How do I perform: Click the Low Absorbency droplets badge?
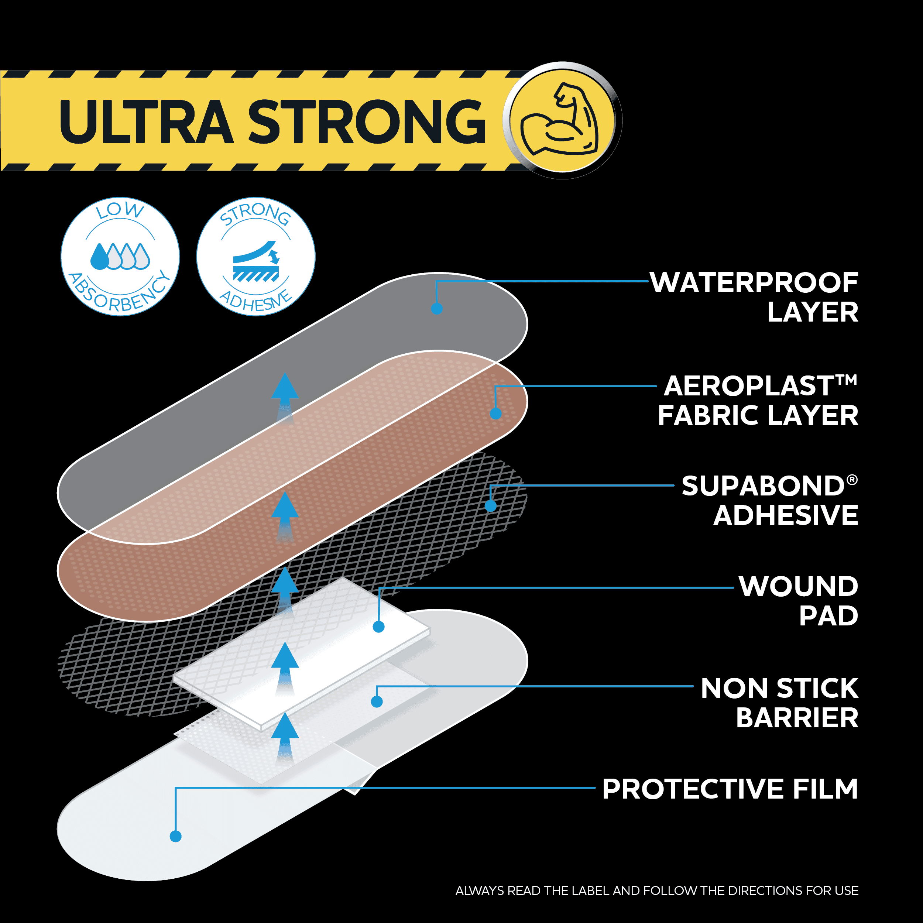120,257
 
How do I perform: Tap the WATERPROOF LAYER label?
754,297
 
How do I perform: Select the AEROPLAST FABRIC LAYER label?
758,400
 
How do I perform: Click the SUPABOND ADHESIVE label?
770,501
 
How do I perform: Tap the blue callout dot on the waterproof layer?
437,309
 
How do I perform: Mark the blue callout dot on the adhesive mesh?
491,506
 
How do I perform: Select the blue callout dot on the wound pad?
379,627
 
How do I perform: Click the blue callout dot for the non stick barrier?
377,701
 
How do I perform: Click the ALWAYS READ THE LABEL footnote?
657,891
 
